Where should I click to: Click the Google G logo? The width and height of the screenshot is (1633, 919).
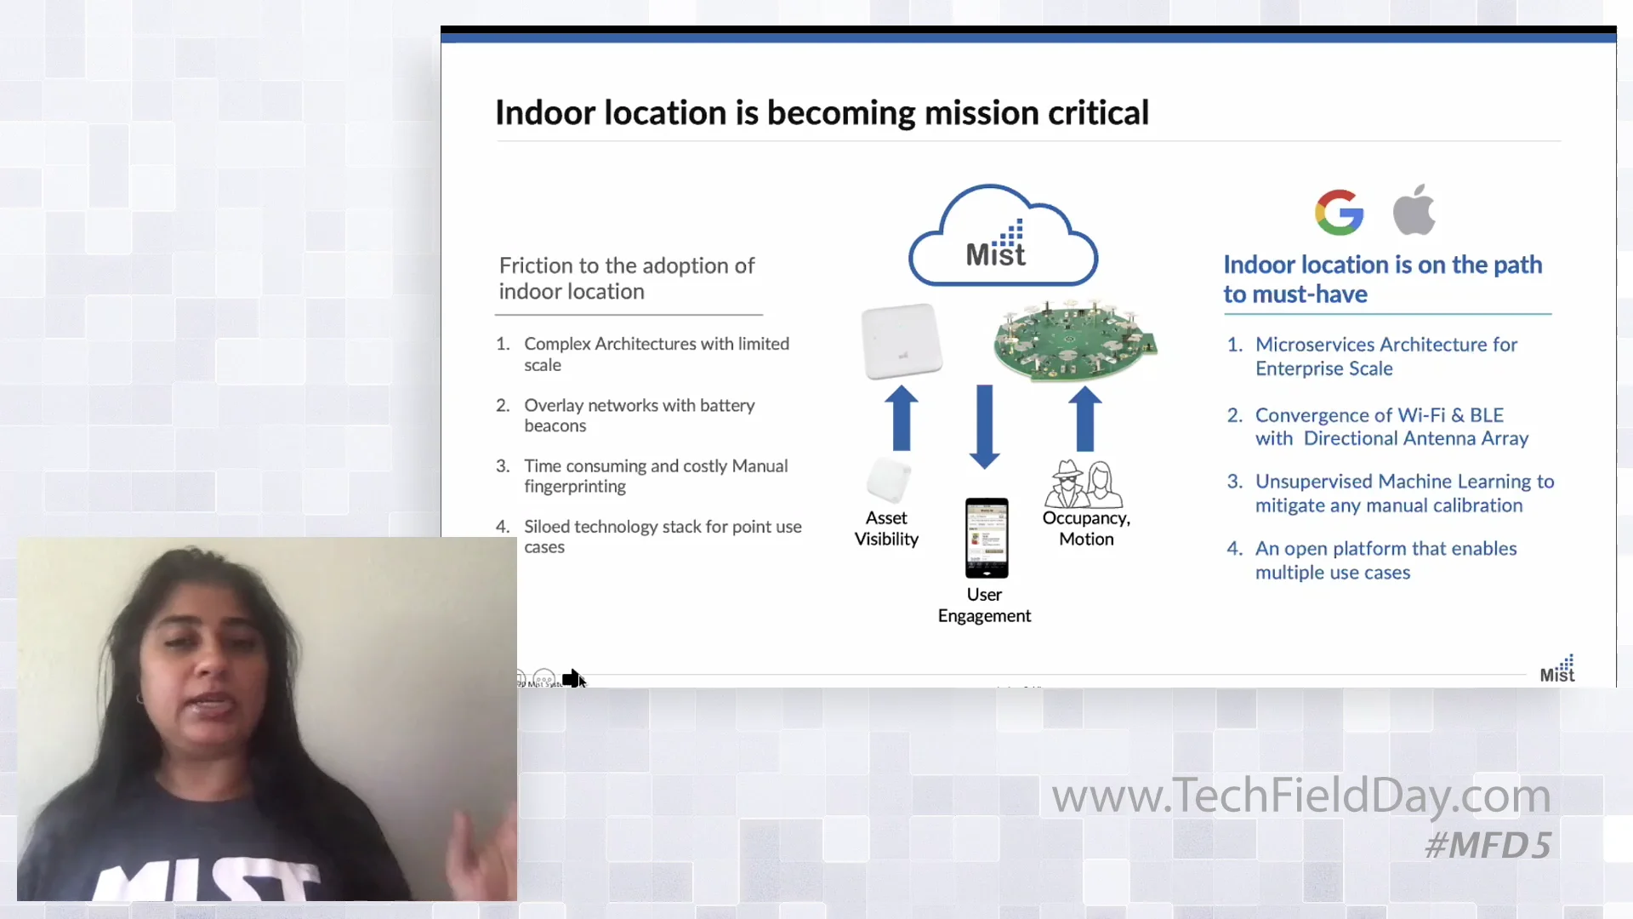1339,212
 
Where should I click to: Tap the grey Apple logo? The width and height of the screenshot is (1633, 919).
1414,210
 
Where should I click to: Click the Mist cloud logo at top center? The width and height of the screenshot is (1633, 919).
1002,238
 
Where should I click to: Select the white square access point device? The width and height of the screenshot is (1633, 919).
902,341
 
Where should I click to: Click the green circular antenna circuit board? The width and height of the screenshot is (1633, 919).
1074,340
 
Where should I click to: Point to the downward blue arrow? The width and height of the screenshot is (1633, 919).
984,425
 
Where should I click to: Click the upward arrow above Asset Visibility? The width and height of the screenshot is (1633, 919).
902,418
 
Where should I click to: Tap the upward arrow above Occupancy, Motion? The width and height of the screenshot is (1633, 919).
1084,418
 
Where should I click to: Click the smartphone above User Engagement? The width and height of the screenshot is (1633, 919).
986,538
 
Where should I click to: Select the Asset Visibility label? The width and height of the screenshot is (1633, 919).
886,528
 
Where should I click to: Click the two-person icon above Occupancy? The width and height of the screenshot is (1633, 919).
1084,484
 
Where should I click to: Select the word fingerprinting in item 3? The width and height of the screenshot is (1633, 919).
575,487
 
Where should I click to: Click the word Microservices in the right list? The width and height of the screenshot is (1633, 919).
1315,345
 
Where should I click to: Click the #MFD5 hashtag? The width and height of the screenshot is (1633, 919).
1488,845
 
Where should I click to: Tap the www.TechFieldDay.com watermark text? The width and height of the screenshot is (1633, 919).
1300,796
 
